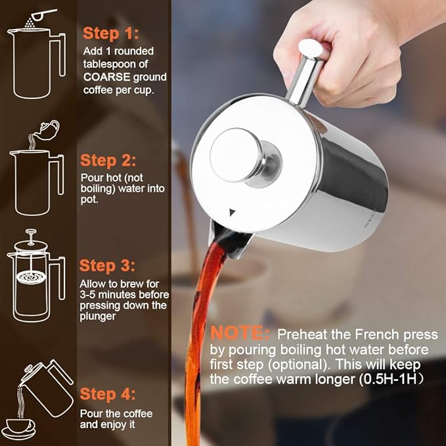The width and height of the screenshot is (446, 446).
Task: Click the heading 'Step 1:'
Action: pos(110,33)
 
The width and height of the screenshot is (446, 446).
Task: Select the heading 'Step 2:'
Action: pos(108,161)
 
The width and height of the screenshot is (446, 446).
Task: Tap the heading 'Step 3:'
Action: pos(108,266)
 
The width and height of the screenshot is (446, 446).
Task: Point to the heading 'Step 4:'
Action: pos(108,394)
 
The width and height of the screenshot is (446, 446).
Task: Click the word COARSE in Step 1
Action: pos(108,78)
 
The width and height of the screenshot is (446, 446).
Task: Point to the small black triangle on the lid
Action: pos(232,212)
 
